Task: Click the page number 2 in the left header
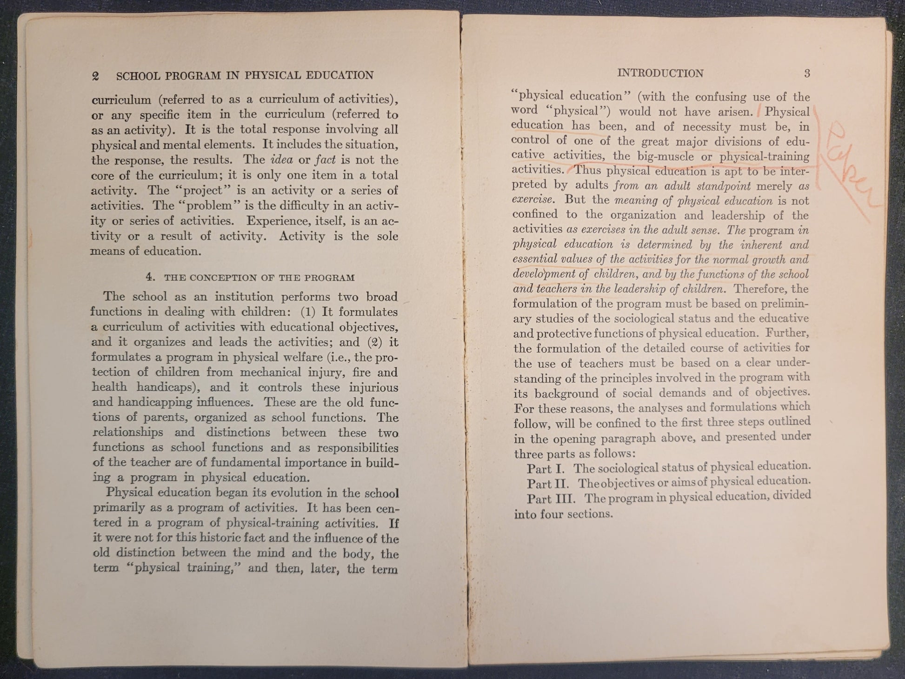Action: tap(96, 76)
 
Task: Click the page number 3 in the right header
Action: tap(807, 73)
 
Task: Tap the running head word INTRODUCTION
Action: tap(660, 73)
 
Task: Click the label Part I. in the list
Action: tap(545, 469)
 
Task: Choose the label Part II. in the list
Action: tap(547, 484)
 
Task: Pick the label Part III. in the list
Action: tap(551, 499)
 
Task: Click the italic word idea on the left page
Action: tap(281, 160)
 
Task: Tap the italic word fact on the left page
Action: tap(325, 160)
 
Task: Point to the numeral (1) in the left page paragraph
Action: tap(308, 312)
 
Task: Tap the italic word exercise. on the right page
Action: tap(533, 200)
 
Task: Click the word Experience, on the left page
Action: tap(275, 221)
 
